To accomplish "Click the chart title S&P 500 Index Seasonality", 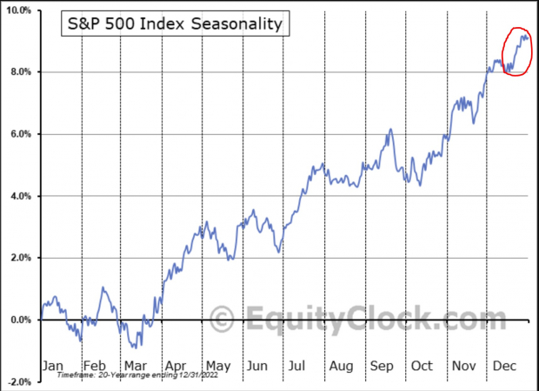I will point(176,24).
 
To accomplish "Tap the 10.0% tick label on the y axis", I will point(18,10).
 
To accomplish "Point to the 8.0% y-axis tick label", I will point(20,72).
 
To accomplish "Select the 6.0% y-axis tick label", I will point(20,134).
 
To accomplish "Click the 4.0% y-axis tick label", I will point(20,196).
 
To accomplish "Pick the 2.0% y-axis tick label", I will point(20,258).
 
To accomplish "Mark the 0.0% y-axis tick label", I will point(20,320).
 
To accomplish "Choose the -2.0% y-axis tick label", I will point(18,381).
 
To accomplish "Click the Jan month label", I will point(53,366).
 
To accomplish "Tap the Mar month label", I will point(135,366).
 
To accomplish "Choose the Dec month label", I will point(505,366).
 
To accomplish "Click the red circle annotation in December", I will point(516,51).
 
